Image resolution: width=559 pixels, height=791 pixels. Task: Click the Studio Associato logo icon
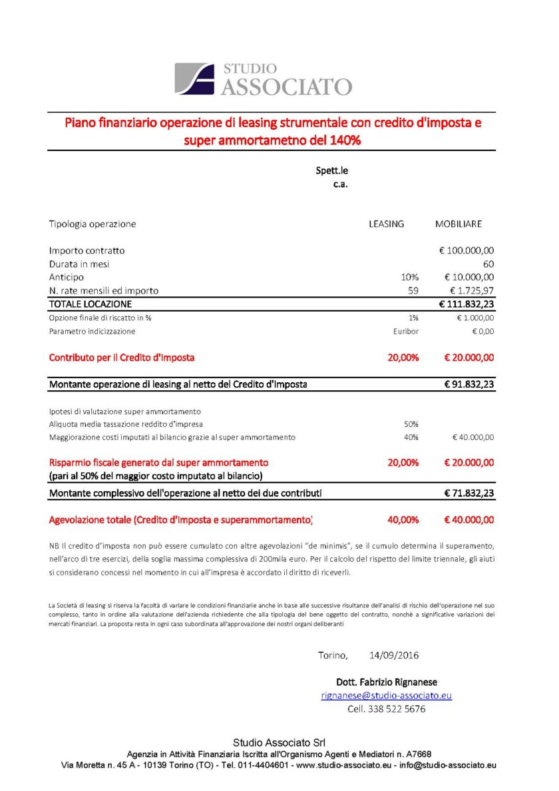194,79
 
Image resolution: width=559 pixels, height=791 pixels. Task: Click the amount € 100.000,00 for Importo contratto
466,251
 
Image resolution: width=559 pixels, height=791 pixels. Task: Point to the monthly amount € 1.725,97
469,291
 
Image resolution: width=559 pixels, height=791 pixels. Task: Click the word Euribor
406,331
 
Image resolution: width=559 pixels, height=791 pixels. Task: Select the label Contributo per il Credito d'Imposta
122,358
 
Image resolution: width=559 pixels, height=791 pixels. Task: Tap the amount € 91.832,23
468,384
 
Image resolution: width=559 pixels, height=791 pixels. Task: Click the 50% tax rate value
411,424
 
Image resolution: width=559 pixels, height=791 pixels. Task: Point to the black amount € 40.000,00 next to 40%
472,437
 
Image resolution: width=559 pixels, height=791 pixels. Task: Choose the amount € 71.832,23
468,493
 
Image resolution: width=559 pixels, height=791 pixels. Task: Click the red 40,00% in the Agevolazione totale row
403,520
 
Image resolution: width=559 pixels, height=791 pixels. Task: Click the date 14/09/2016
394,656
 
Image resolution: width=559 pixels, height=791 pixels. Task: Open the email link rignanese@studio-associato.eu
387,696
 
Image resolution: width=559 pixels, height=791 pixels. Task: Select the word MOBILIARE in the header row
459,224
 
